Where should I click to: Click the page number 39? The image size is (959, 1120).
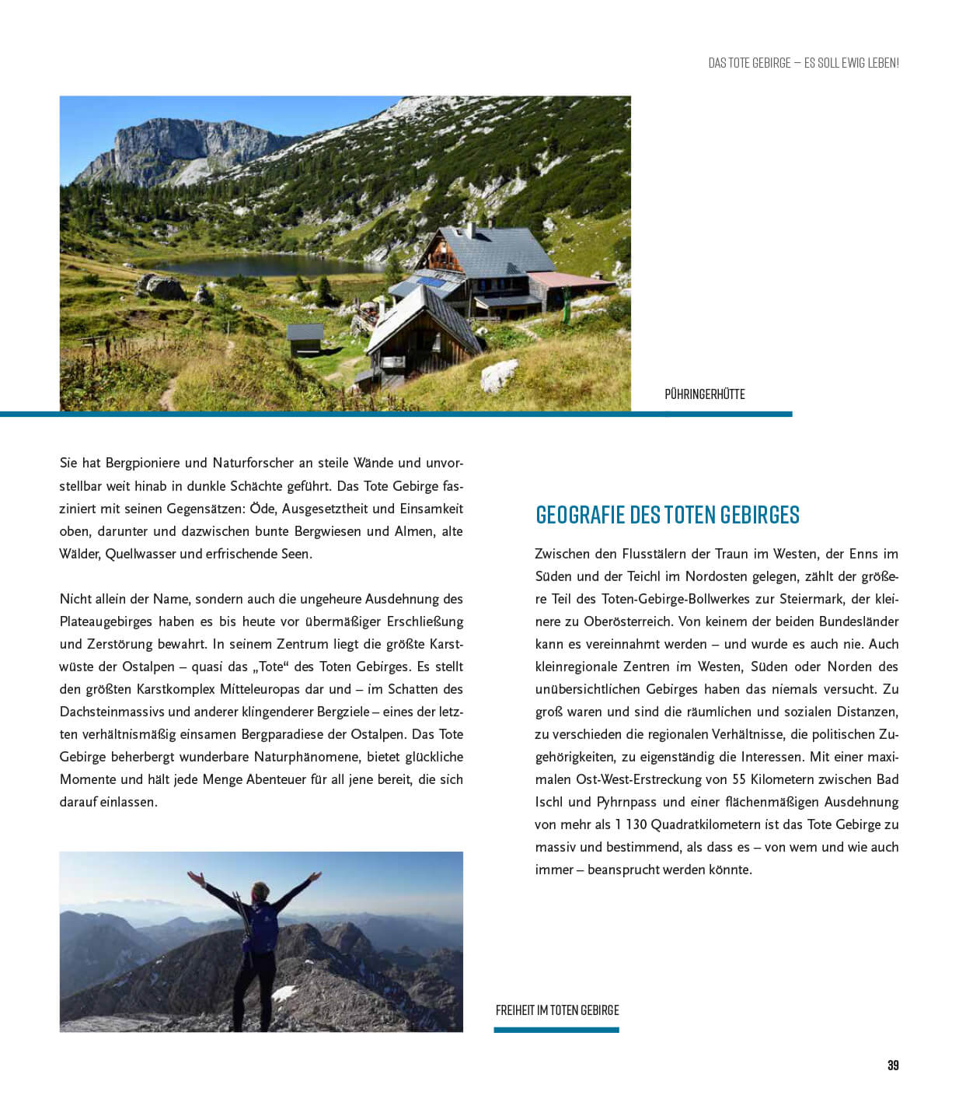[893, 1066]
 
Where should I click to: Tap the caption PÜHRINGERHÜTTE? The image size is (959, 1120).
[704, 394]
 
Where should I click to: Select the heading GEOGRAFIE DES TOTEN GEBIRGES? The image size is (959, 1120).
[668, 515]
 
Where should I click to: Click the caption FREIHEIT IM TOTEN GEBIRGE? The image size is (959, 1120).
[557, 1010]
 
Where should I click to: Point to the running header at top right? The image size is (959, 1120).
[803, 63]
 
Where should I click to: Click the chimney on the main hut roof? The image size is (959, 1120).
[469, 230]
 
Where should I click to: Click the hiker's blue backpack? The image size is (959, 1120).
[261, 925]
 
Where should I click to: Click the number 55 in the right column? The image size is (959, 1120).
[739, 779]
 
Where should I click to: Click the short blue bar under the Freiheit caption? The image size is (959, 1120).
[556, 1030]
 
